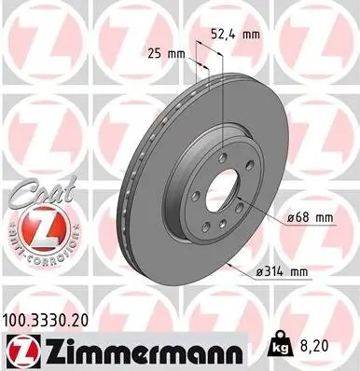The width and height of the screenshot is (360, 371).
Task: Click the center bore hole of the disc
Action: (x=221, y=199)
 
